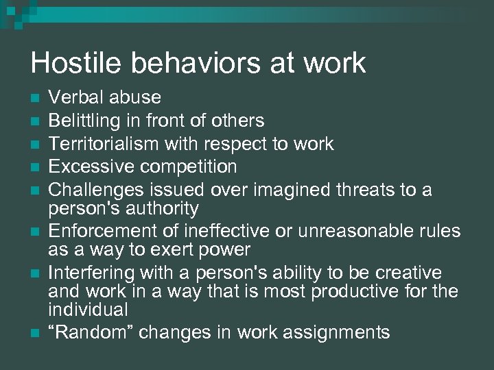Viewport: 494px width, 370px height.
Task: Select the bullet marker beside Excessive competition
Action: (35, 167)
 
